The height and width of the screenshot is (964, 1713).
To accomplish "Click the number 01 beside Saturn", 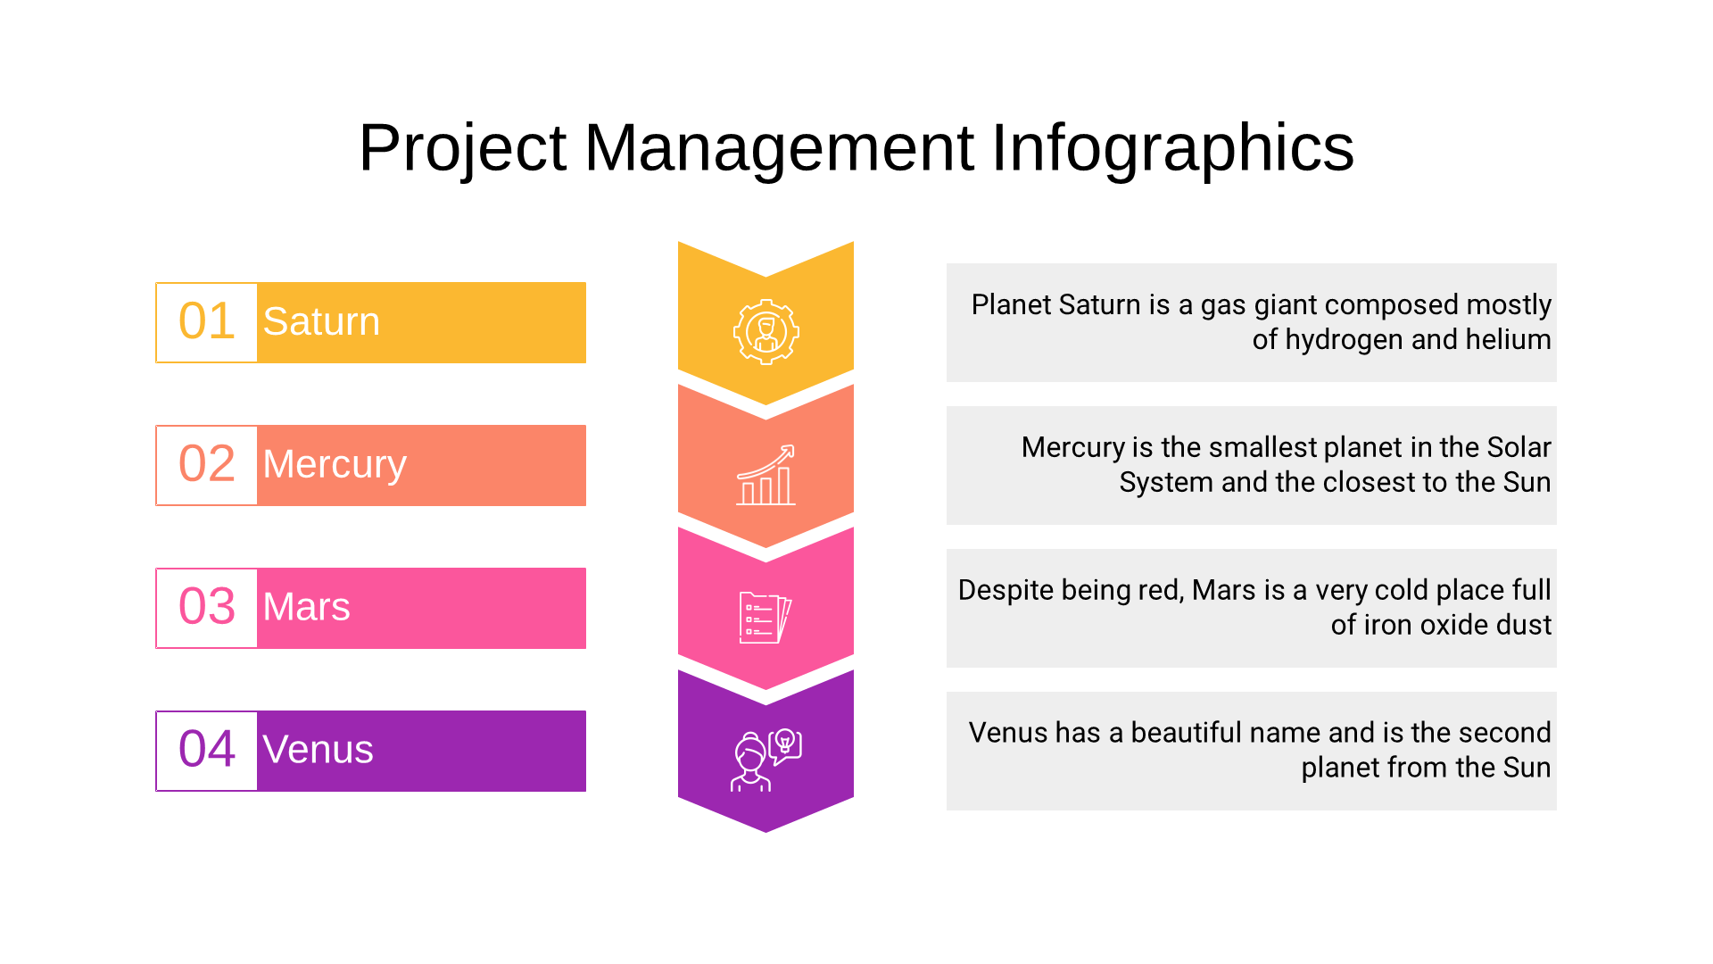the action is tap(207, 321).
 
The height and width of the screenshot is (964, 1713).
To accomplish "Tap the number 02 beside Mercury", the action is tap(207, 464).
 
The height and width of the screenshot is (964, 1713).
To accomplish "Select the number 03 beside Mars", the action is tap(207, 607).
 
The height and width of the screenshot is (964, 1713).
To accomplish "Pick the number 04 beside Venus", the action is tap(207, 750).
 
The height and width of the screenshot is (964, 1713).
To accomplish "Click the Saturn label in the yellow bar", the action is tap(321, 321).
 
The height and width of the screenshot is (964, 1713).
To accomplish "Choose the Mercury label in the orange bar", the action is tap(335, 465).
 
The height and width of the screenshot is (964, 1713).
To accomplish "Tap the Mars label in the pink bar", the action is tap(306, 607).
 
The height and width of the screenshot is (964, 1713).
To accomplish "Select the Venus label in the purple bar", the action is tap(318, 750).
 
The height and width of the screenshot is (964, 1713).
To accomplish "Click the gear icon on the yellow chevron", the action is tap(765, 332).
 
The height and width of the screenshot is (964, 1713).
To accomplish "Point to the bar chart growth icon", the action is tap(765, 475).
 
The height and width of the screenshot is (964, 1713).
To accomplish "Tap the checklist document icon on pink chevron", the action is tap(765, 618).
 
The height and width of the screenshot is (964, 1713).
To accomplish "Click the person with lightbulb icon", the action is tap(765, 760).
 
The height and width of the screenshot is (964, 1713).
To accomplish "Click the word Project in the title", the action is tap(462, 149).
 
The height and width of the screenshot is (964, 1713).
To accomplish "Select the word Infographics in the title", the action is tap(1172, 149).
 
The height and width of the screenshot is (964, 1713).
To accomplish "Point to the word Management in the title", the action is tap(779, 147).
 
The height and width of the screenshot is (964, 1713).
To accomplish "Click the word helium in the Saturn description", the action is tap(1506, 339).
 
